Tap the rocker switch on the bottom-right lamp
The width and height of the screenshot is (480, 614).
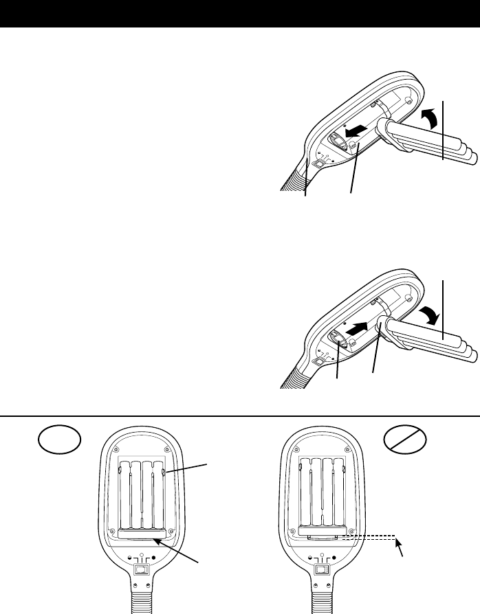[x=320, y=569]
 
